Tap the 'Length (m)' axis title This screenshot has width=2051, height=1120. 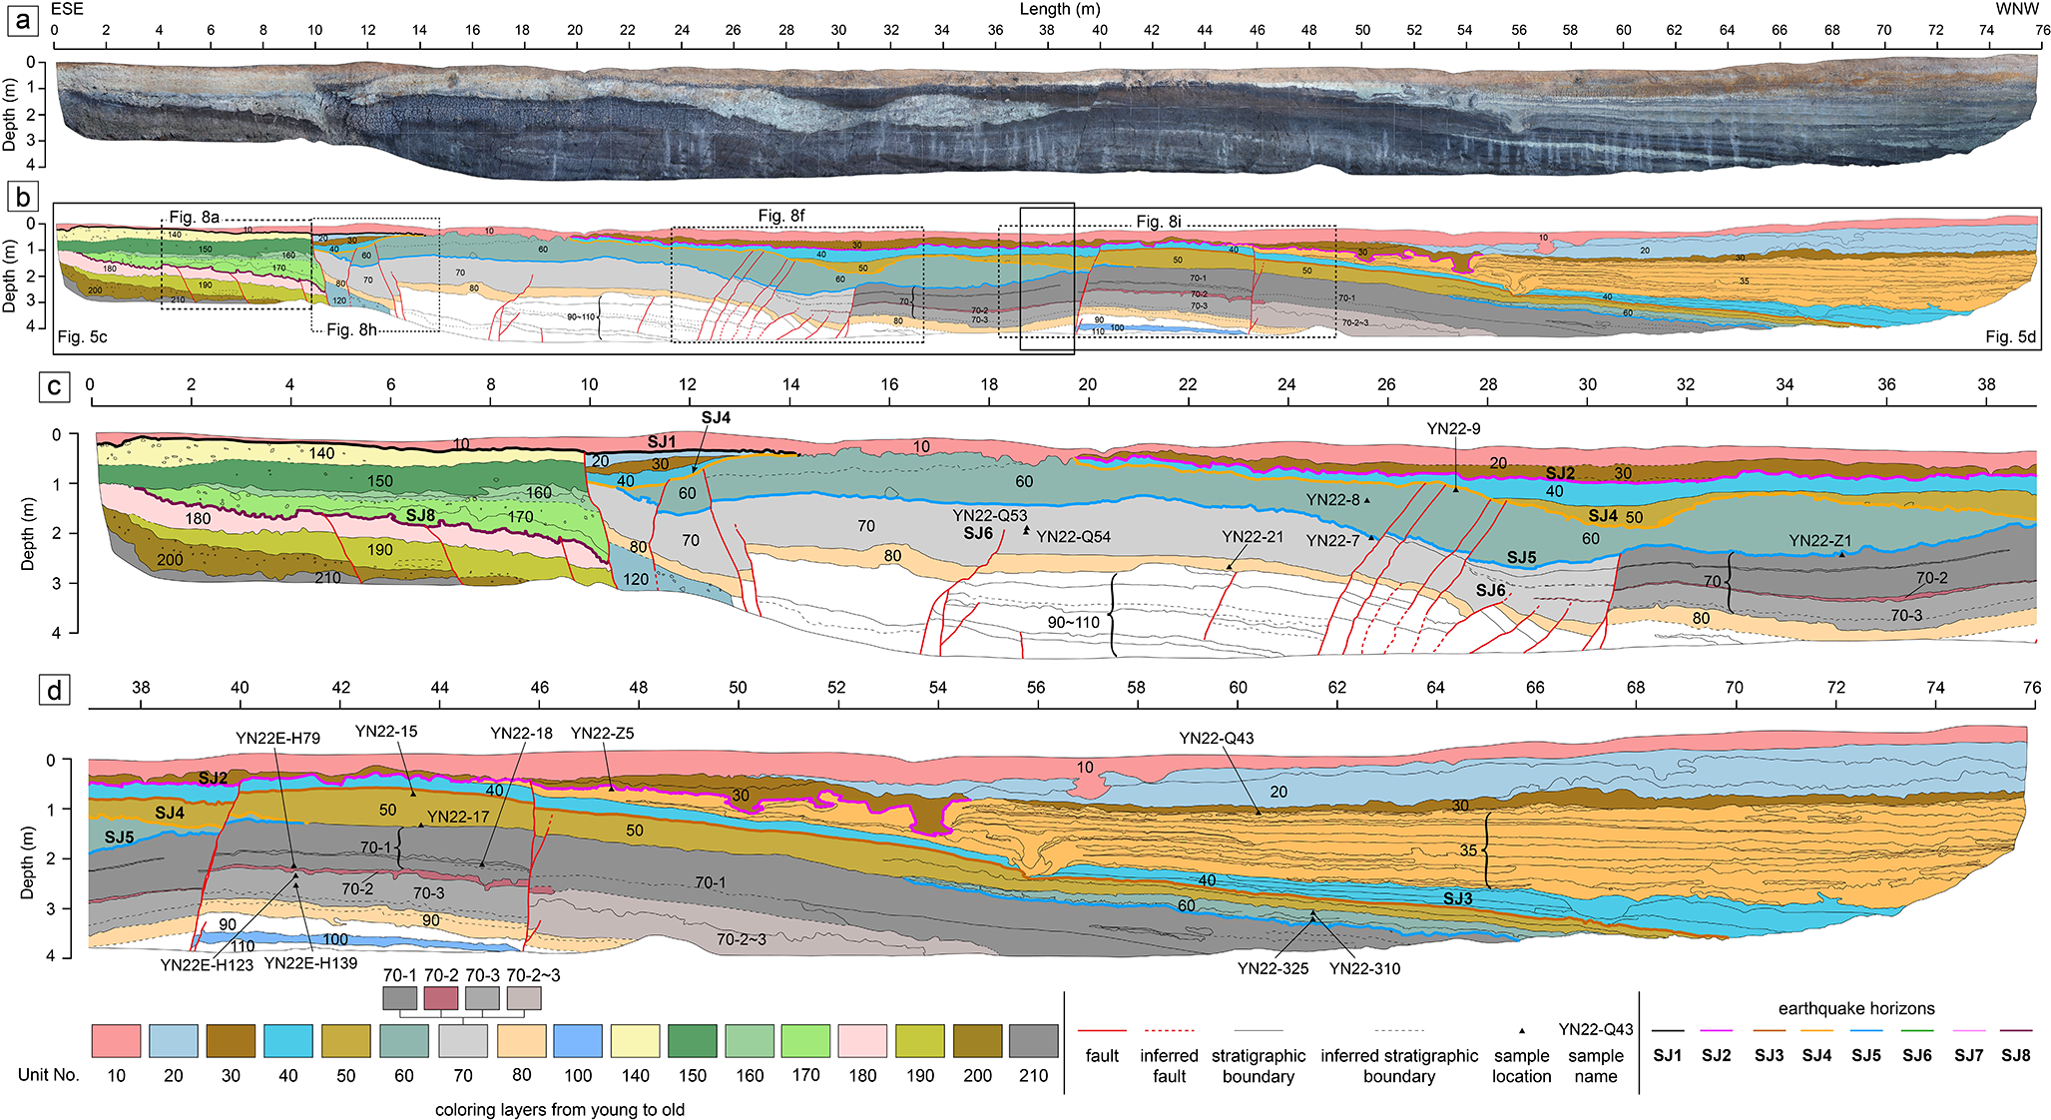(x=1059, y=9)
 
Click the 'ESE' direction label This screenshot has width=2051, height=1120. (x=67, y=9)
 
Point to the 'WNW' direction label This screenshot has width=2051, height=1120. (x=2016, y=9)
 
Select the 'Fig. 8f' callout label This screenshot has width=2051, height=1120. (x=780, y=216)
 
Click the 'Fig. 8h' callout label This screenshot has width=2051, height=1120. (x=351, y=329)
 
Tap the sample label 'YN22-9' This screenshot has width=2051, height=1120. (x=1453, y=429)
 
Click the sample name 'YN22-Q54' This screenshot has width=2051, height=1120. (x=1073, y=537)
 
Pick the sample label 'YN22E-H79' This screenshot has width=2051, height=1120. (x=277, y=739)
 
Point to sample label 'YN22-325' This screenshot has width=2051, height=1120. (x=1273, y=968)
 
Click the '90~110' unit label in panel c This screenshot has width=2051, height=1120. (x=1073, y=623)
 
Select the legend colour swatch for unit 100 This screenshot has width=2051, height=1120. (x=578, y=1040)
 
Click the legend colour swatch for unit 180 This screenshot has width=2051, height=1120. (x=862, y=1040)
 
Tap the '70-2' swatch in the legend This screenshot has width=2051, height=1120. (x=440, y=997)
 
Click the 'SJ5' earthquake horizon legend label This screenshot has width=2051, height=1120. (x=1866, y=1055)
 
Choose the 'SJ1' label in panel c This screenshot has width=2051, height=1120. (x=661, y=442)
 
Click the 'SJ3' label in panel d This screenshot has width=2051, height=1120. (x=1457, y=898)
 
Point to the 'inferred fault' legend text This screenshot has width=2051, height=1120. (x=1169, y=1065)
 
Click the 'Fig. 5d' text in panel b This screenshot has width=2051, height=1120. (x=2010, y=337)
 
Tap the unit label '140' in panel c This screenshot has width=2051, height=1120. (x=321, y=453)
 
